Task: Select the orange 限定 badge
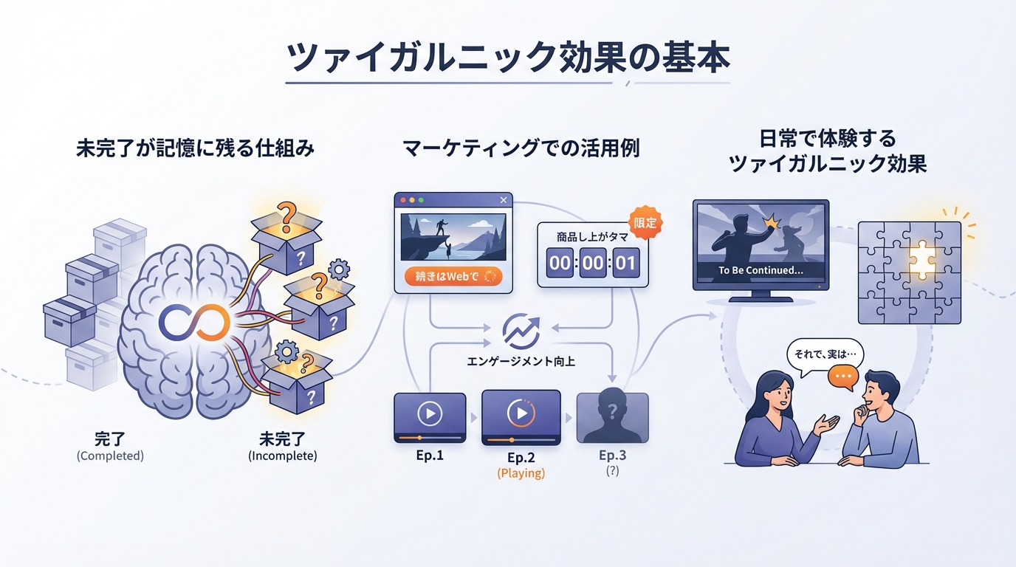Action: click(x=645, y=221)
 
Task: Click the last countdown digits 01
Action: click(x=625, y=263)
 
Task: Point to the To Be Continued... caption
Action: click(x=761, y=270)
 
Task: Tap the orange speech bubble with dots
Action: click(x=843, y=377)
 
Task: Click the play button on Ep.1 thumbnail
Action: click(x=429, y=413)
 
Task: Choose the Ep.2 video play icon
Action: click(x=521, y=413)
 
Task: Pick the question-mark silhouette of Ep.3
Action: click(x=612, y=416)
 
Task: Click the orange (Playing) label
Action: click(x=521, y=473)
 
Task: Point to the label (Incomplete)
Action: click(x=283, y=456)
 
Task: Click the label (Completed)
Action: click(x=110, y=456)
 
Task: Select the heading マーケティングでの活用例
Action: click(x=521, y=148)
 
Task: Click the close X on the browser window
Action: click(x=504, y=200)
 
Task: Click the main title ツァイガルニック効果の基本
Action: click(x=508, y=58)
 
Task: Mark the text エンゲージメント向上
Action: click(x=521, y=362)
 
